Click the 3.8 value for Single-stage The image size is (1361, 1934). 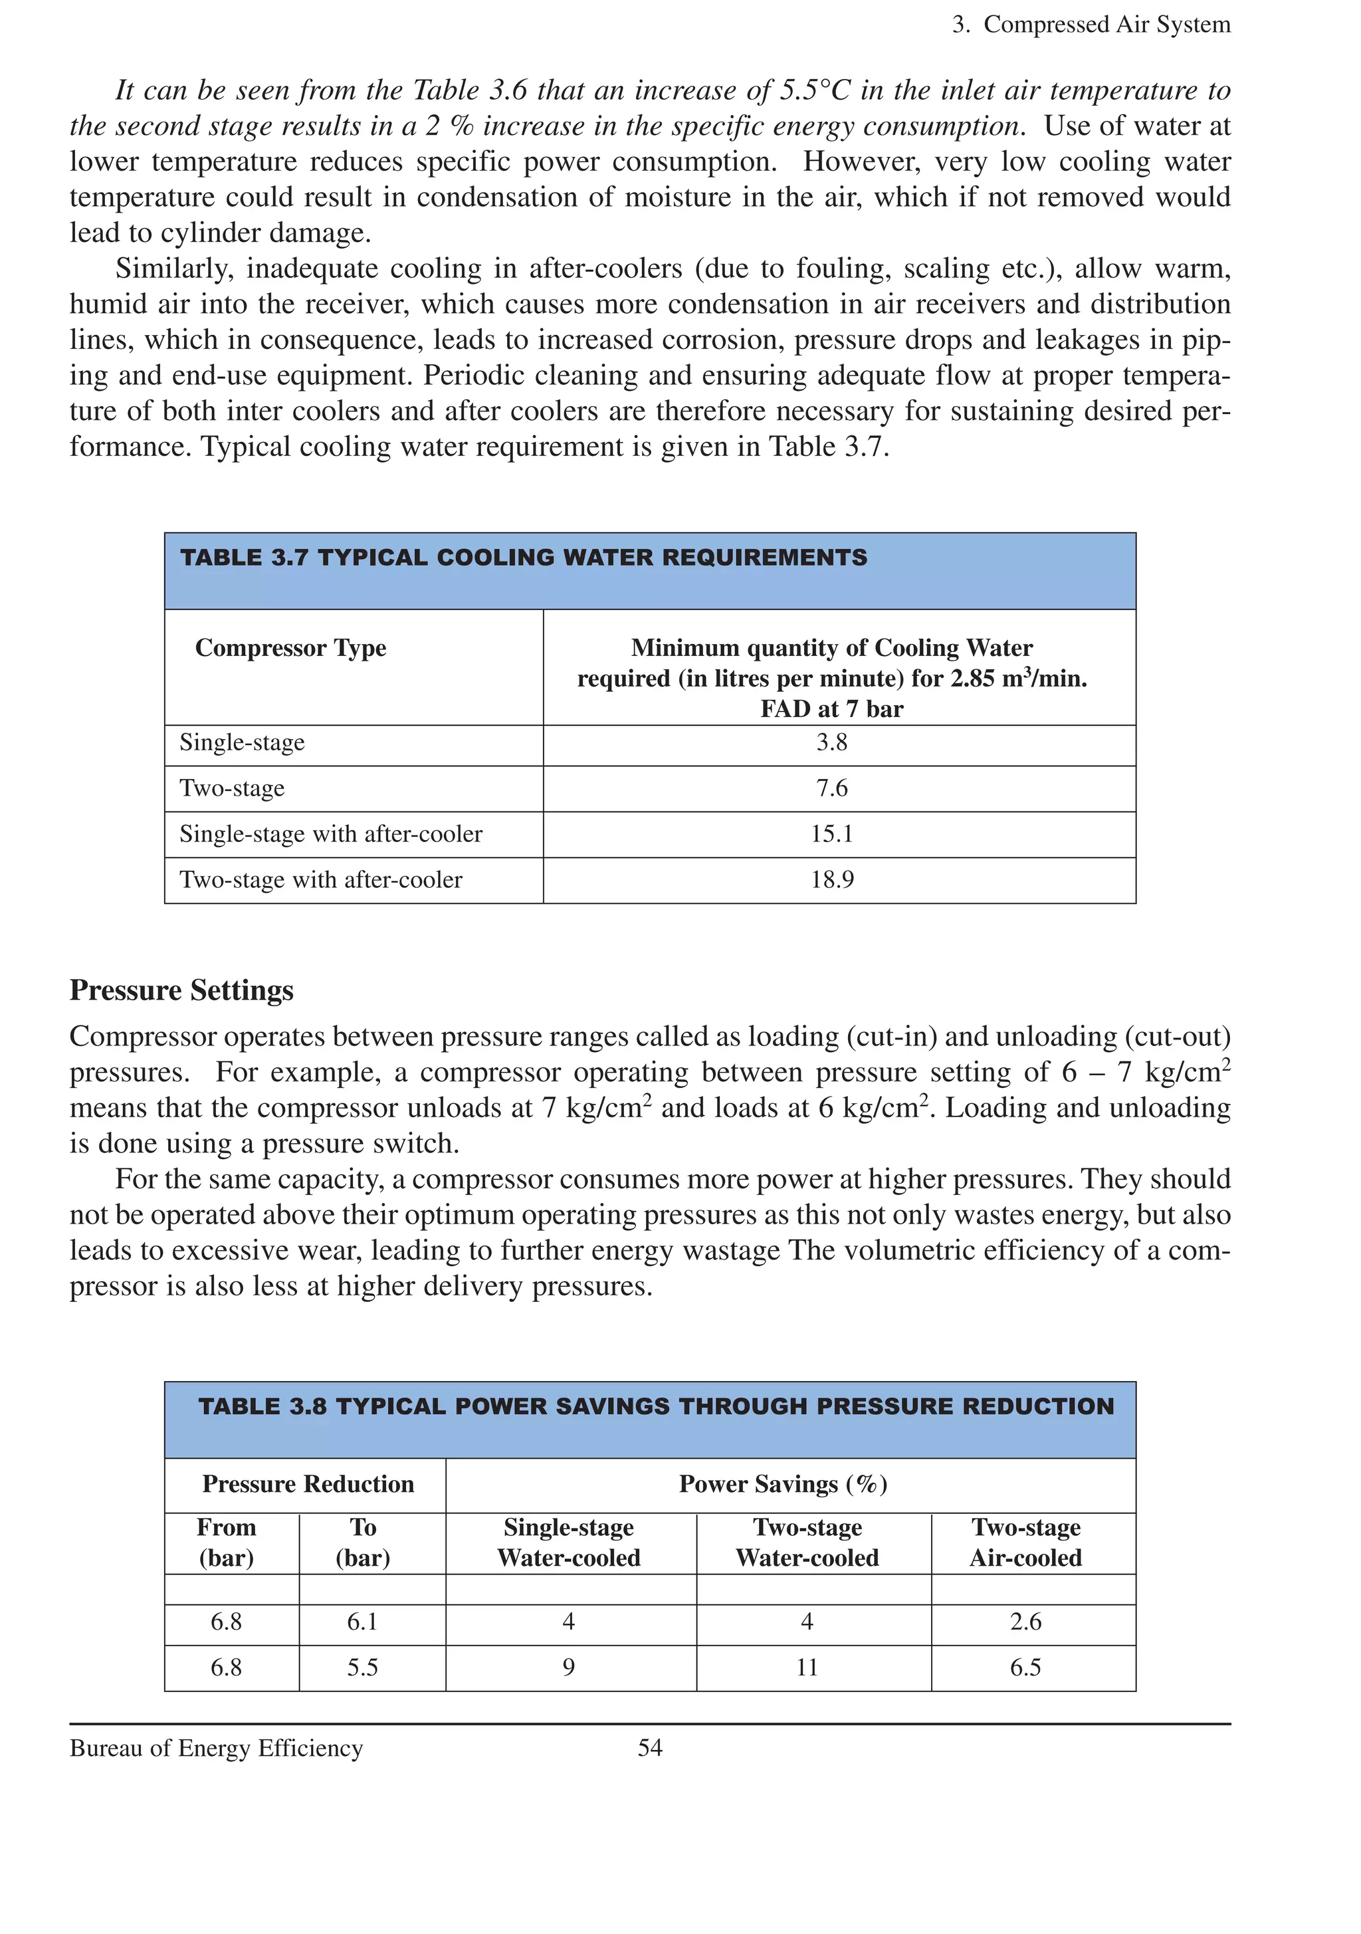[x=831, y=742]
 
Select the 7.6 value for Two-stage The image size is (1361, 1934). [x=831, y=788]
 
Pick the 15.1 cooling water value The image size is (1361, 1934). [x=831, y=834]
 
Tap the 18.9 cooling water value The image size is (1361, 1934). [x=831, y=879]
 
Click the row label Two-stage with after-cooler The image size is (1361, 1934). [x=321, y=879]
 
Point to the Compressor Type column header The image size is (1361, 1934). [x=290, y=648]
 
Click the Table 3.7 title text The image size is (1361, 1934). [x=523, y=558]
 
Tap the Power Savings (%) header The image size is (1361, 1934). [x=784, y=1483]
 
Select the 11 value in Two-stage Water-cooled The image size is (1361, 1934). [x=807, y=1667]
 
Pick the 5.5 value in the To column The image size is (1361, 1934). [x=363, y=1667]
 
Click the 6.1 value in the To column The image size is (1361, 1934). [x=363, y=1622]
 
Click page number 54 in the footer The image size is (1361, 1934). [x=649, y=1748]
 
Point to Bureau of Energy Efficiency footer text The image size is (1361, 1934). [x=217, y=1748]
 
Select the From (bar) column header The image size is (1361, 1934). [x=227, y=1543]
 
